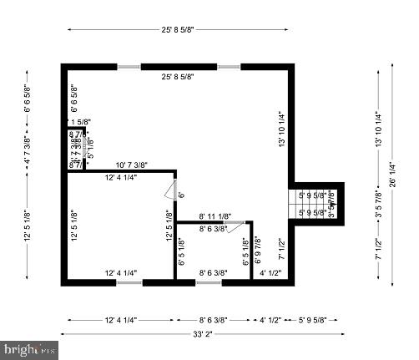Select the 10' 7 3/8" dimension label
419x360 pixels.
132,165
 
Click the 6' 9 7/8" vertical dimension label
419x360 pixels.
257,252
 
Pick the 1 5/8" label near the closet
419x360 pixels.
80,122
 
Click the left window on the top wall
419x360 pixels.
129,66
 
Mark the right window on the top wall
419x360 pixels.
229,66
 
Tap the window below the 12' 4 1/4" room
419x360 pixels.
129,282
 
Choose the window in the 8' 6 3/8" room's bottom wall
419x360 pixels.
209,282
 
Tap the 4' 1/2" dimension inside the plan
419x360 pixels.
270,273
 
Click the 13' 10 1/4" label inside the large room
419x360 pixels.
282,131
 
